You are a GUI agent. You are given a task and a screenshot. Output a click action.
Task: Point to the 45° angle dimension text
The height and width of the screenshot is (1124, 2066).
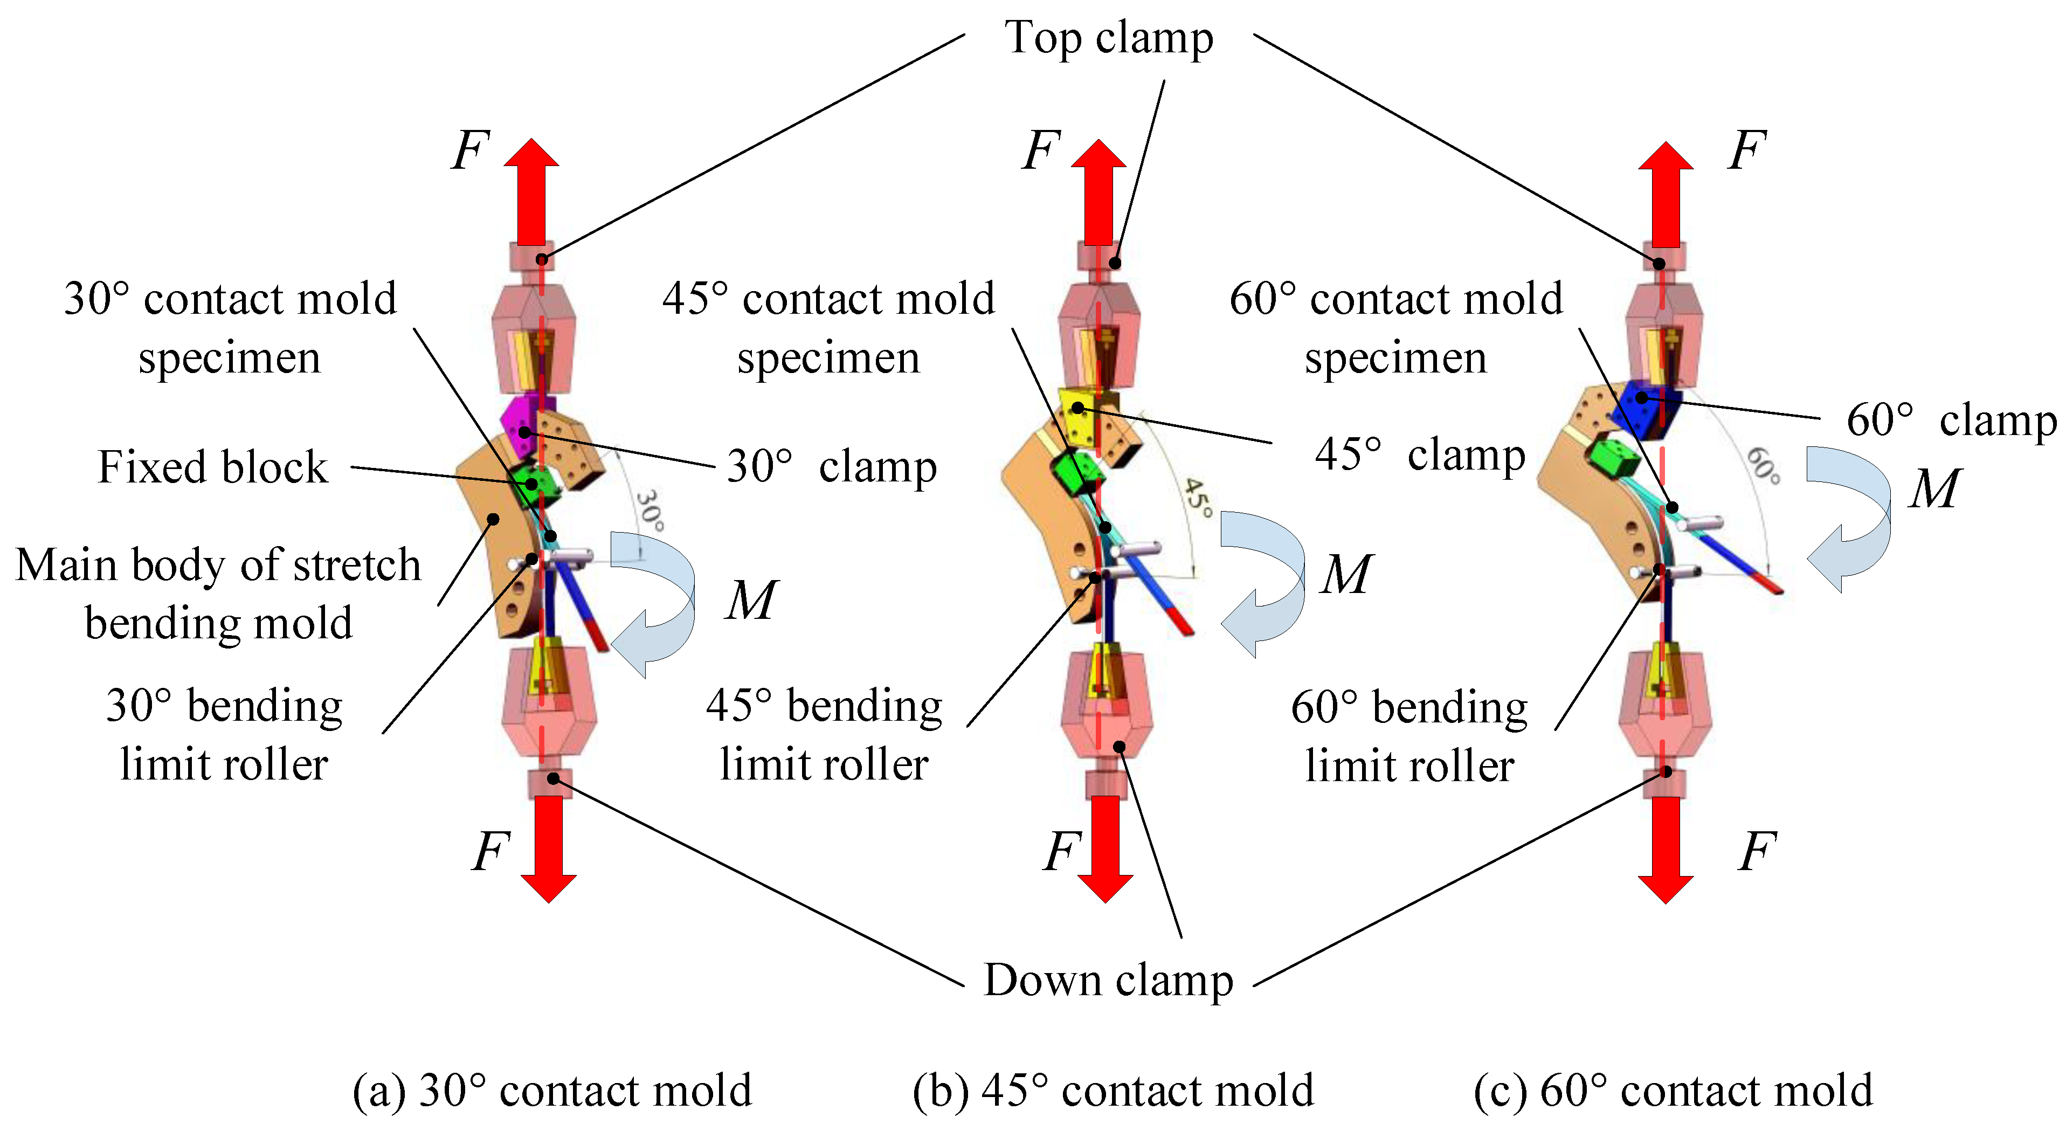(x=1198, y=498)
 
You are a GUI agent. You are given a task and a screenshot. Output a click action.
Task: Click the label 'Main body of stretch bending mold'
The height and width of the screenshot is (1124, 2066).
(x=218, y=594)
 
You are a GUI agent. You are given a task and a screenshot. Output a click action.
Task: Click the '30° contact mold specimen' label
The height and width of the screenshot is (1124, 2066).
(x=230, y=327)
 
